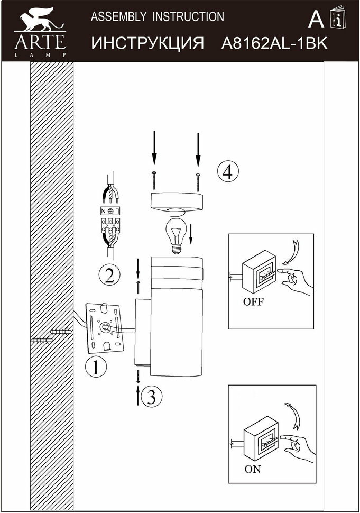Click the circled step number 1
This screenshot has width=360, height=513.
96,367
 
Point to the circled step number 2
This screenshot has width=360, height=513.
109,274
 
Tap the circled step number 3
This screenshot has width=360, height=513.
151,396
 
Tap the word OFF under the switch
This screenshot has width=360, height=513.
253,303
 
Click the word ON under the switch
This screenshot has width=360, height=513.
252,469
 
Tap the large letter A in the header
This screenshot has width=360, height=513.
316,20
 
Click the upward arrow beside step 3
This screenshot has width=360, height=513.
139,395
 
